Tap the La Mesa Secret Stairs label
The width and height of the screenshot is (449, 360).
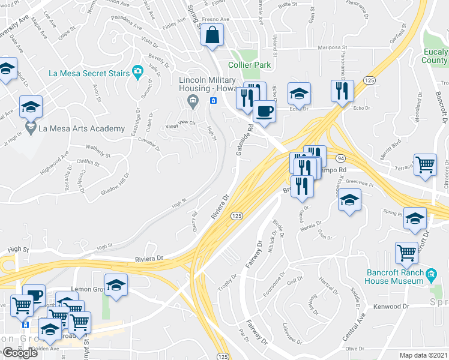(89, 73)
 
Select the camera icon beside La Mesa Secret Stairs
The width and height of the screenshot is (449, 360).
(137, 73)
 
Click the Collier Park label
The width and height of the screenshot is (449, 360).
(249, 65)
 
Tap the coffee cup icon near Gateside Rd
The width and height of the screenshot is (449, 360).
(264, 110)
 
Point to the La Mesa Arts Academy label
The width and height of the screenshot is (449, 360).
(82, 128)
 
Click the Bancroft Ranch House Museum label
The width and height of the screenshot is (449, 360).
(396, 275)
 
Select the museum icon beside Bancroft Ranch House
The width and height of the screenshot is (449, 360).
(431, 276)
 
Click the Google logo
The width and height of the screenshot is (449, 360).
(20, 353)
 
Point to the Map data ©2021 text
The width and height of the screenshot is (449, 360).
(424, 355)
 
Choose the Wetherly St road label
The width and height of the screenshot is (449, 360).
(98, 146)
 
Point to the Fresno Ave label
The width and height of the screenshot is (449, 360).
(217, 19)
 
